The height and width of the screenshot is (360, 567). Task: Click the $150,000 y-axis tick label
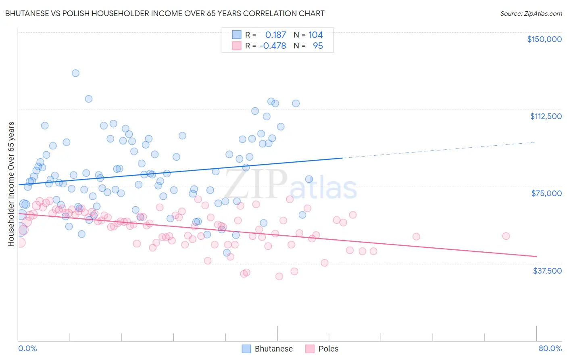point(544,39)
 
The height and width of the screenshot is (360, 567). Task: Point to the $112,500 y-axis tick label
point(546,116)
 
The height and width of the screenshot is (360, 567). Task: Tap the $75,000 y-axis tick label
point(546,193)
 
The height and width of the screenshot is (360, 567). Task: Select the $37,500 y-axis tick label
point(547,271)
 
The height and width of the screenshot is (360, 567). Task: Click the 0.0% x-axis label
point(27,348)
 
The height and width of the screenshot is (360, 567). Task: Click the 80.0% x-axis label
point(550,348)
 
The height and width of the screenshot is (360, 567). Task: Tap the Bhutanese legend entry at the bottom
point(267,349)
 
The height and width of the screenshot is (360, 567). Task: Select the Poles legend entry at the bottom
point(322,349)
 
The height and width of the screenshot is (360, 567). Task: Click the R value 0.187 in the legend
point(275,35)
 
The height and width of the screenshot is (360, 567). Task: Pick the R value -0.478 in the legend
point(273,46)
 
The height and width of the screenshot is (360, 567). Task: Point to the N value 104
point(315,35)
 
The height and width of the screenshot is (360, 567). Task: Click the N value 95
point(318,46)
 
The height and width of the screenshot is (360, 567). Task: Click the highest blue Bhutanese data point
point(75,73)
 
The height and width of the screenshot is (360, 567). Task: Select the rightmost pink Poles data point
point(506,236)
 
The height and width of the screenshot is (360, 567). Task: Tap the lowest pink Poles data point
point(279,276)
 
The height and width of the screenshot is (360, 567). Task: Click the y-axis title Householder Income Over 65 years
point(11,184)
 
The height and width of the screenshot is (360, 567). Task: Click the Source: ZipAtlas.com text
point(531,14)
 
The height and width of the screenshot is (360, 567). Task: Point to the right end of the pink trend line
point(536,256)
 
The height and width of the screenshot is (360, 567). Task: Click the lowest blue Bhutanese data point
point(227,253)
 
